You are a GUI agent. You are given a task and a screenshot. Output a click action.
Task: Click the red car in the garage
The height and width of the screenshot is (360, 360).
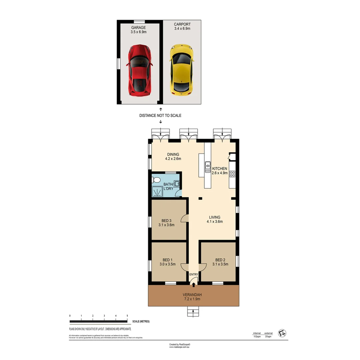139,70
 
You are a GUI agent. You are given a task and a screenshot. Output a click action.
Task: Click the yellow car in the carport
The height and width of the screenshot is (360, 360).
181,70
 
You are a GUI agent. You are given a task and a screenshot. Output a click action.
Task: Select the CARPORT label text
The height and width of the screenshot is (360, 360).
182,24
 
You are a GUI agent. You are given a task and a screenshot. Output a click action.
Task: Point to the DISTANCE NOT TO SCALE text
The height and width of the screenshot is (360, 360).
160,115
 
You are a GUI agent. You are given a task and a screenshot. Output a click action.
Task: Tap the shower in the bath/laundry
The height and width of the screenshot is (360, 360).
157,191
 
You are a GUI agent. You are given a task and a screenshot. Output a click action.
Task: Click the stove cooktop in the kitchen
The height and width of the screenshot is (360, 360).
232,174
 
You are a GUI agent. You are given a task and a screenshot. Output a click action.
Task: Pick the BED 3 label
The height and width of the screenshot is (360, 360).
166,221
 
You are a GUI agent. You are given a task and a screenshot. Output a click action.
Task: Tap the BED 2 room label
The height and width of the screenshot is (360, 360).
220,260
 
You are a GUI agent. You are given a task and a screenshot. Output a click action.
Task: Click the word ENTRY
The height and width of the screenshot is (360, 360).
194,275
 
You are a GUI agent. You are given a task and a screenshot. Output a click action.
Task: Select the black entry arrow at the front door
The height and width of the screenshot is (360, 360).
194,284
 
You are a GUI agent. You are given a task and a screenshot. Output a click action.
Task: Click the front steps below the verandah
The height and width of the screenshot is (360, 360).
193,312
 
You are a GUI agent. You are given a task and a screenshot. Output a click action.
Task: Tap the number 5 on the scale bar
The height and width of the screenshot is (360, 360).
127,315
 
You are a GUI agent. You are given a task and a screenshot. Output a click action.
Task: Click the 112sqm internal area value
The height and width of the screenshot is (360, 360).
257,337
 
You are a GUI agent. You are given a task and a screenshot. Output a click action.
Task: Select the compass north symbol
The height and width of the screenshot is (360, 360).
283,333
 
